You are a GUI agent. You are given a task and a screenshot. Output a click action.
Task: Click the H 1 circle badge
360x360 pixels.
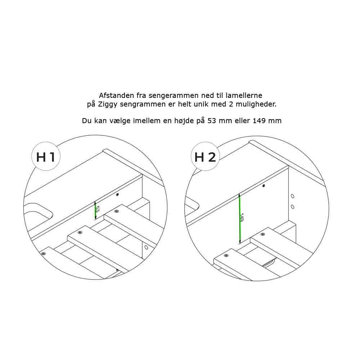click(46, 156)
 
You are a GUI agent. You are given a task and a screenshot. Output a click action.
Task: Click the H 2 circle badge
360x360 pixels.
click(205, 156)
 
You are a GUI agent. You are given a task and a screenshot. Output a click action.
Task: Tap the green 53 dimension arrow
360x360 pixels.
click(95, 210)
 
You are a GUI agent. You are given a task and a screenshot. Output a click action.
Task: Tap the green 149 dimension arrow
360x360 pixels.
click(239, 219)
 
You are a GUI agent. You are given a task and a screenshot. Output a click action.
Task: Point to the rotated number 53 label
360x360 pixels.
click(98, 209)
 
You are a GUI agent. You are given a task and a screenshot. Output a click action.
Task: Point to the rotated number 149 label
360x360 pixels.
click(242, 217)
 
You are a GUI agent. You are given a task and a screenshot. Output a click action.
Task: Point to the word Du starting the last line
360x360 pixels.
click(87, 121)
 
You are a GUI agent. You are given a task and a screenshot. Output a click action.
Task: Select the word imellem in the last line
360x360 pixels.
click(147, 121)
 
